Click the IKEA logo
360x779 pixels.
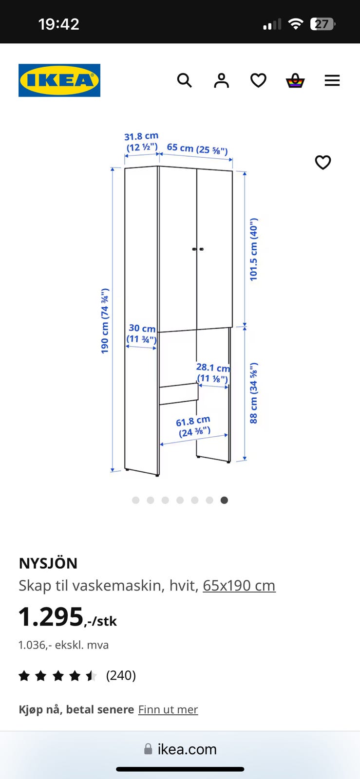[x=59, y=80]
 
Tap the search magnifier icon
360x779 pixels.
[x=184, y=80]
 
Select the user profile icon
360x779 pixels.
[x=221, y=80]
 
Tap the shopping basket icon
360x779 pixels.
[x=295, y=80]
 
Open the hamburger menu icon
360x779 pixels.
[x=332, y=80]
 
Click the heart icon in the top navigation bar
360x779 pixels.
[x=259, y=80]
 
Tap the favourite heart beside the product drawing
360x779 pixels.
[x=323, y=163]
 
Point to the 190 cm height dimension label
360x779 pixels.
[x=105, y=321]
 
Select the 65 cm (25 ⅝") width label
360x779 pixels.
[x=197, y=149]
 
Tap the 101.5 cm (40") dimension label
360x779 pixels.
[x=254, y=249]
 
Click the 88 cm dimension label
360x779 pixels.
[x=254, y=393]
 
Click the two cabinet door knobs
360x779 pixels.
[x=198, y=249]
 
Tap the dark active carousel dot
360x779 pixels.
[x=225, y=500]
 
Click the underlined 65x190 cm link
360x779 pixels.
[x=239, y=586]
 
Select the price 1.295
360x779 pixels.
[x=51, y=616]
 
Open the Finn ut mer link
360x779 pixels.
[x=169, y=709]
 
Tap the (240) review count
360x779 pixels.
[x=121, y=675]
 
